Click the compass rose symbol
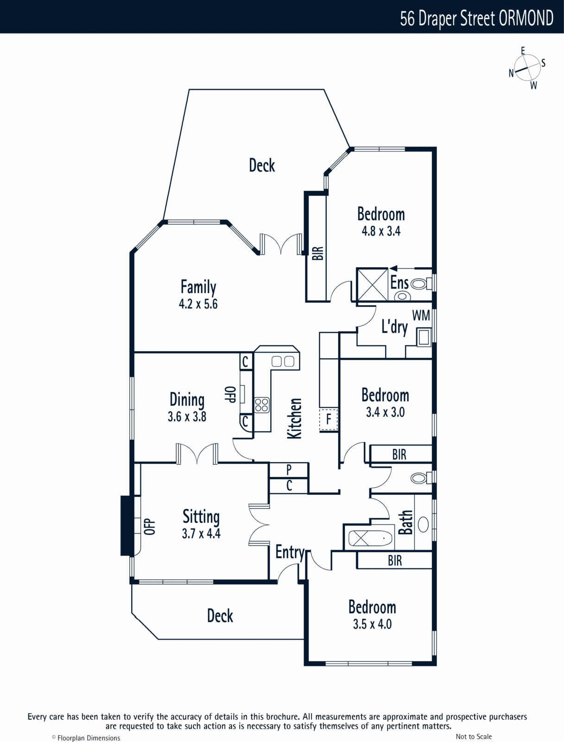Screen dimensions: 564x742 coord(527,68)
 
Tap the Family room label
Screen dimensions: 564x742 coord(198,287)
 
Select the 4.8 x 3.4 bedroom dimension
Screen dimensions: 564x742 coord(381,231)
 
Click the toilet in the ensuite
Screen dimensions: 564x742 coord(421,284)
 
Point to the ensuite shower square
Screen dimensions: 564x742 coord(372,284)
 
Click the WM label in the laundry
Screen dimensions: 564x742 coord(421,315)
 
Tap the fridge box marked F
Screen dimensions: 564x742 coord(329,419)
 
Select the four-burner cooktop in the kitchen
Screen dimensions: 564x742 coord(262,405)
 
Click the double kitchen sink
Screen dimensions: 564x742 coord(283,361)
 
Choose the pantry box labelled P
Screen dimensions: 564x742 coord(289,470)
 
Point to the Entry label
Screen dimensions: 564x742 coord(290,552)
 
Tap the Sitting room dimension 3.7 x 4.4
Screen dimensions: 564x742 coord(201,533)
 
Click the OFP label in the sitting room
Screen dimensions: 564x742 coord(150,527)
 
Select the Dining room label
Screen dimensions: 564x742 coord(187,400)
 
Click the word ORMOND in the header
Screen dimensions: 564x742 coord(526,18)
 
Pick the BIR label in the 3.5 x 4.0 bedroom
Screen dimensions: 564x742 coord(395,561)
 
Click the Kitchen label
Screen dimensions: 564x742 coord(294,418)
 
